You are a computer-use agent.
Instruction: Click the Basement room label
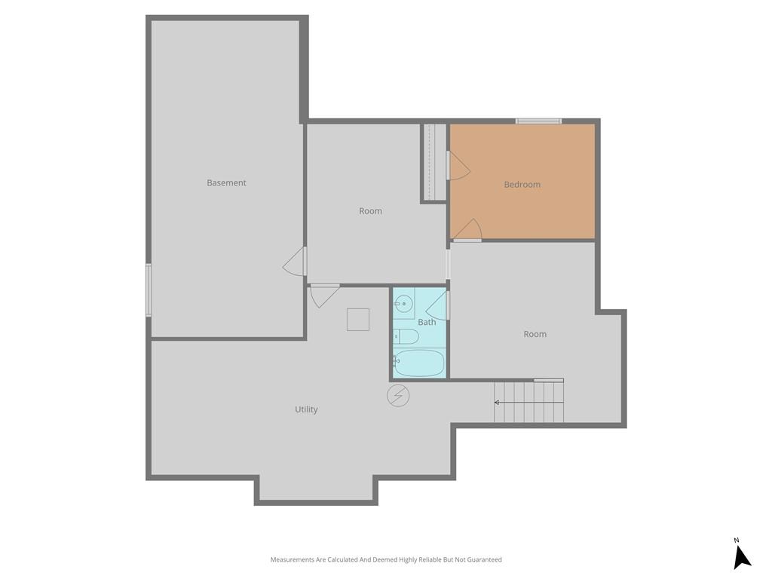(x=226, y=182)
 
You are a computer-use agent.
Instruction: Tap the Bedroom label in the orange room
(x=522, y=185)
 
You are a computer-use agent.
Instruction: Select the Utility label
(x=306, y=409)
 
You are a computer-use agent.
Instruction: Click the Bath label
(x=427, y=322)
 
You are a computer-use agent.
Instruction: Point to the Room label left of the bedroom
(x=370, y=211)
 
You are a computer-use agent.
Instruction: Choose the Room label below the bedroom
(x=535, y=334)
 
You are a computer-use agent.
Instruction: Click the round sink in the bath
(x=404, y=303)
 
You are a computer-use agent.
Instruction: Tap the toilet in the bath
(x=406, y=337)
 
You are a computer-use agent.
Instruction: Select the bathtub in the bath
(x=419, y=363)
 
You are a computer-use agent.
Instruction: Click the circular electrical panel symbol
(x=398, y=395)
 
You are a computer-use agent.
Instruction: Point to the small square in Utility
(x=358, y=320)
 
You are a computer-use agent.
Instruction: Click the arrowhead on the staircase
(x=497, y=403)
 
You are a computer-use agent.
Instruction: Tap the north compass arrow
(x=742, y=559)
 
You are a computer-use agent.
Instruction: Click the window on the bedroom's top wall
(x=538, y=121)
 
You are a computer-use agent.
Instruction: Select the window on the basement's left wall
(x=149, y=290)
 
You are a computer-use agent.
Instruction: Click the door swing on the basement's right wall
(x=295, y=262)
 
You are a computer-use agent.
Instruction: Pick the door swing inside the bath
(x=437, y=305)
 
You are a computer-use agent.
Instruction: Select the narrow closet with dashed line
(x=435, y=162)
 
